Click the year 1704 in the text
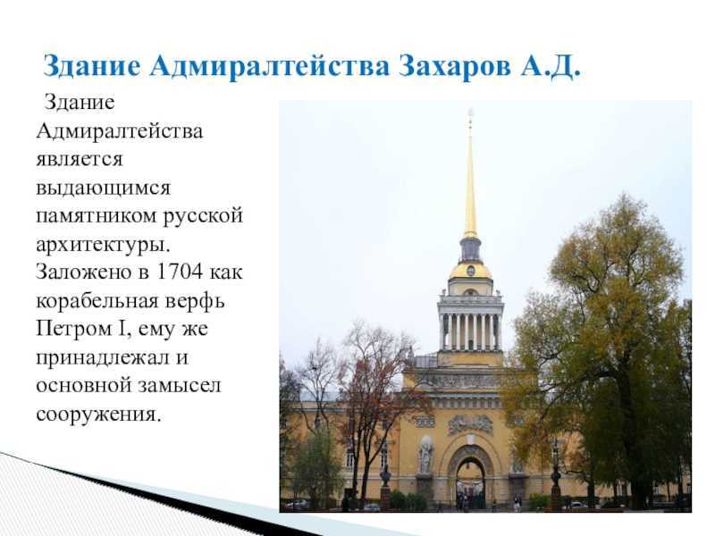point(179,272)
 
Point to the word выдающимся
point(103,188)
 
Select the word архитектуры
point(103,245)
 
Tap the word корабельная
point(94,301)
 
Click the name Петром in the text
point(74,330)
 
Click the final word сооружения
point(98,415)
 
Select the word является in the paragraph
point(80,160)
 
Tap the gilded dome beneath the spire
point(471,270)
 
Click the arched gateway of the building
point(470,474)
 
